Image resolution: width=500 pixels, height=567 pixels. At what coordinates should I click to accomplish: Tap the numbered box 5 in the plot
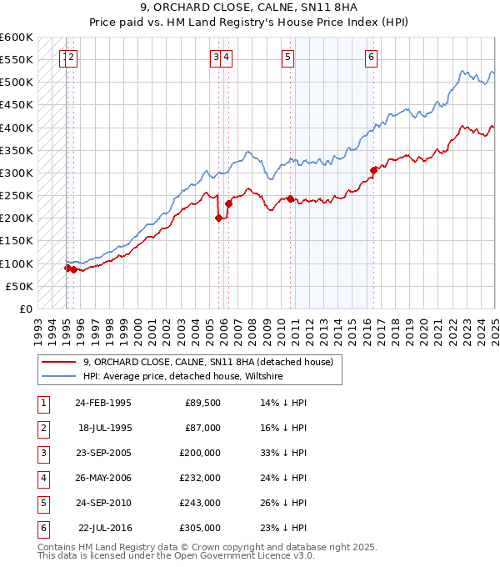pos(287,58)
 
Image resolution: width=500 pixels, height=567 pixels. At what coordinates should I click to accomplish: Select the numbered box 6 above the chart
pos(371,58)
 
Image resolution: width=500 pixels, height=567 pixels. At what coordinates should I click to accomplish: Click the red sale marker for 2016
pos(373,171)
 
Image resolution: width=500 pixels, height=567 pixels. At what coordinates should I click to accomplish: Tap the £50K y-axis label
pos(19,286)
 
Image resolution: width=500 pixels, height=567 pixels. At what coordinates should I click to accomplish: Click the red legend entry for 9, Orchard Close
pos(207,362)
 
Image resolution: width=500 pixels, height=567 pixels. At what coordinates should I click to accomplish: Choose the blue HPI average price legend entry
pos(182,376)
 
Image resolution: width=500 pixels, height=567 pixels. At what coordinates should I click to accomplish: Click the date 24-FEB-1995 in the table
pos(102,403)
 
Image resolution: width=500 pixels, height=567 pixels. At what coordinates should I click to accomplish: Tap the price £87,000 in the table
pos(202,428)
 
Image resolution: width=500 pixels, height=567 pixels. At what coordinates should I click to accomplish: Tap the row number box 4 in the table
pos(42,478)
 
